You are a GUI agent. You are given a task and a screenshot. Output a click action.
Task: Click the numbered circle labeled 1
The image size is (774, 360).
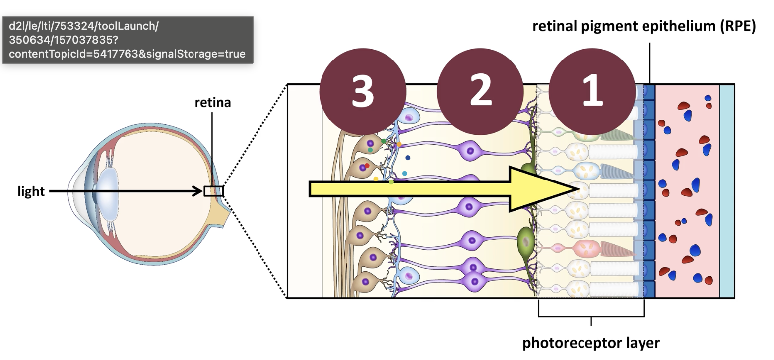coord(592,92)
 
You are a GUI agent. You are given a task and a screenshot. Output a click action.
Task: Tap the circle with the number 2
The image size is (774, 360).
coord(480,92)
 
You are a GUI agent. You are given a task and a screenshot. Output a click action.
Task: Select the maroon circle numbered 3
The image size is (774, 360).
coord(363,92)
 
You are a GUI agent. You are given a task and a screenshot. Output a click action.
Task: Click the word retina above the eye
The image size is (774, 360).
coord(213,103)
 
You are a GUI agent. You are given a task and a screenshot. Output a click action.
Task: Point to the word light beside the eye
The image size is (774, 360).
coord(31,191)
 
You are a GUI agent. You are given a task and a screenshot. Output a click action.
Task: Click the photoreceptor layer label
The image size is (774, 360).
coord(591,343)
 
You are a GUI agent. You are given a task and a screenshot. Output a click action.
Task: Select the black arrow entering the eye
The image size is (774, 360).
coord(124,191)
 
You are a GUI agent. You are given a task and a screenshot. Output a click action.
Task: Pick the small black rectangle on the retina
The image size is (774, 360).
coord(213,191)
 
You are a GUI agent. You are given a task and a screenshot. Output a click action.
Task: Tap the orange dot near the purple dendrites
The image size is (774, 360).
coord(399,144)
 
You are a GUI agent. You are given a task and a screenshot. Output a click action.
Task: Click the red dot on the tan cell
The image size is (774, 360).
coord(367,166)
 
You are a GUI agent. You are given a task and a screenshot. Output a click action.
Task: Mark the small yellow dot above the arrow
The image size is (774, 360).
coord(376,179)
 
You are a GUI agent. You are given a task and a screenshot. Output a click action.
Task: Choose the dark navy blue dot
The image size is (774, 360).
coord(408,158)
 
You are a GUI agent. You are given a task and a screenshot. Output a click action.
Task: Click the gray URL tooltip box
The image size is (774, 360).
coord(128,40)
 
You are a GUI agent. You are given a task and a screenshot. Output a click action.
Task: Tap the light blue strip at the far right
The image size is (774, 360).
coord(727,191)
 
